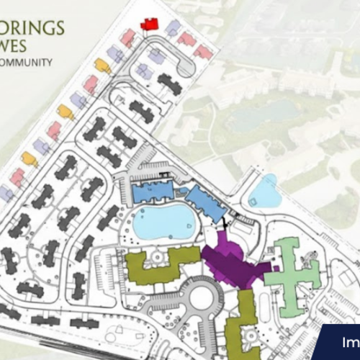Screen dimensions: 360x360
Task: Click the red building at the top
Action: point(150,24)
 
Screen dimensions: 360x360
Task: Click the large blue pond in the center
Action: point(164,222)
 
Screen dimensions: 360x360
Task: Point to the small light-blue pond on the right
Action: point(264,192)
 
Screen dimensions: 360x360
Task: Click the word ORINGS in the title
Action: point(32,29)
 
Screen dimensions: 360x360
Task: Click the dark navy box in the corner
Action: point(340,343)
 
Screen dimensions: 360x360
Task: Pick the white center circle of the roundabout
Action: point(202,297)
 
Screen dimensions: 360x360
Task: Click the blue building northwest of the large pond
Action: point(153,191)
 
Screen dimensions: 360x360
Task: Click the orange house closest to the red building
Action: point(103,66)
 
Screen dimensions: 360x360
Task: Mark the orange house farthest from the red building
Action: point(30,158)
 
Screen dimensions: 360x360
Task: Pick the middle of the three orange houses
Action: point(66,112)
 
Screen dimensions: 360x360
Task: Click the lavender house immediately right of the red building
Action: point(173,28)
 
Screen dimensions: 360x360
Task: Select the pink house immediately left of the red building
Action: point(128,37)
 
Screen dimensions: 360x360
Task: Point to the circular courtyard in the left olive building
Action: point(156,257)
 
